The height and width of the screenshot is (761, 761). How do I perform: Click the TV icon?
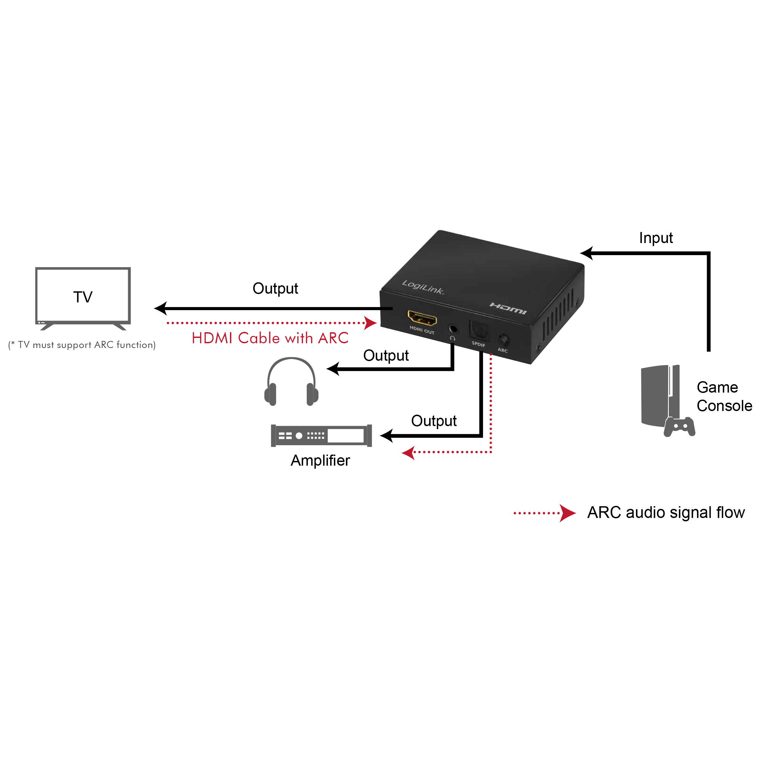(83, 297)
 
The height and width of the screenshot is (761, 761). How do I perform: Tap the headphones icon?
(291, 382)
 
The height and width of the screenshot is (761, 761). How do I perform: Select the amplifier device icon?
(321, 435)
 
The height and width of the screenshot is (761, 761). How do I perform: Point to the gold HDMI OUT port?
(422, 318)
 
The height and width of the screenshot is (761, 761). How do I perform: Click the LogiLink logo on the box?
(423, 287)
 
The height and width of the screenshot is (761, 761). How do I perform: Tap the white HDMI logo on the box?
(508, 308)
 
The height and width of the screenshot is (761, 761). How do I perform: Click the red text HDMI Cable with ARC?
(270, 338)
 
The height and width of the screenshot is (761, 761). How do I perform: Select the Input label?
(656, 238)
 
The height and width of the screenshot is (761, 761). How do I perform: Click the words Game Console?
(724, 396)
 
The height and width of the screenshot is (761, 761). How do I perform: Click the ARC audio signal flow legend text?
(666, 513)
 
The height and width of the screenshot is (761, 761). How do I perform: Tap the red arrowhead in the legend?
(567, 513)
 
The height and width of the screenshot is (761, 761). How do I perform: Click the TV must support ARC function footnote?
(82, 345)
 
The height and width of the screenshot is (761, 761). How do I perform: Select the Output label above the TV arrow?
(275, 288)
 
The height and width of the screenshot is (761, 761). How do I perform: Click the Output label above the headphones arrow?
(386, 355)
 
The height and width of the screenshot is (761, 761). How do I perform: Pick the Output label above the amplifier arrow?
(434, 421)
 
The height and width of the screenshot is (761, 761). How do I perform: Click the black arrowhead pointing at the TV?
(160, 308)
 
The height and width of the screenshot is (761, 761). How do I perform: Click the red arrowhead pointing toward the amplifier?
(408, 453)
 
